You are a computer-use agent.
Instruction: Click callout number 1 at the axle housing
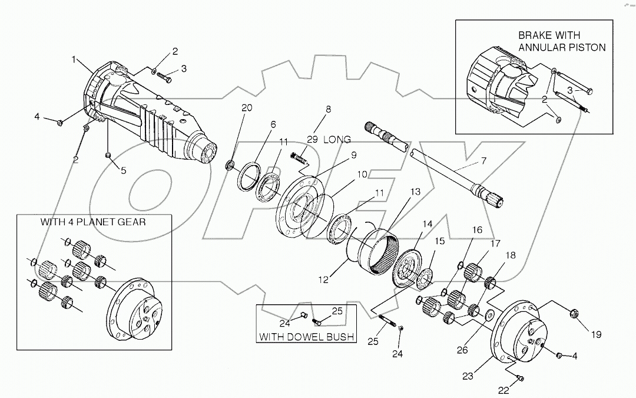coord(75,60)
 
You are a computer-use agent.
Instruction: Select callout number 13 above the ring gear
coord(416,192)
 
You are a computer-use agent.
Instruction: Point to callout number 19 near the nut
coord(596,334)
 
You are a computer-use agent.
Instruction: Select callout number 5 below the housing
coord(124,171)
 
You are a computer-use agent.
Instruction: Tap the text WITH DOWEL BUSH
coord(307,337)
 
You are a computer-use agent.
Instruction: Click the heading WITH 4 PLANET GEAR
coord(92,223)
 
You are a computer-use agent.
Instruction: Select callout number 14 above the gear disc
coord(427,224)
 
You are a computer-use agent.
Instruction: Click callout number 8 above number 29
coord(328,109)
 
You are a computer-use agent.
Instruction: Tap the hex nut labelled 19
coord(575,314)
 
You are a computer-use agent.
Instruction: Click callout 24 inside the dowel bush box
coord(284,323)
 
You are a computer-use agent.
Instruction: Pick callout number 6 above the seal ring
coord(273,124)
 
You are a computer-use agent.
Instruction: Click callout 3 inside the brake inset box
coord(569,90)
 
